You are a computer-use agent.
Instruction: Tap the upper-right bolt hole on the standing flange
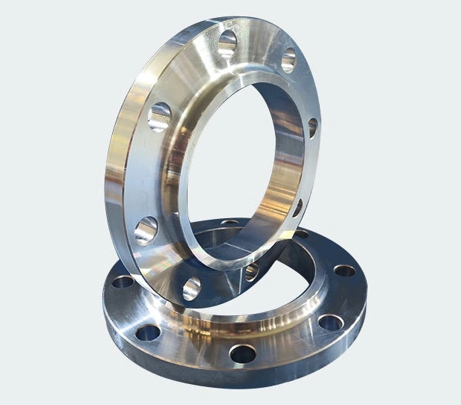pos(288,60)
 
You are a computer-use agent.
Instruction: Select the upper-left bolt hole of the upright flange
pos(160,117)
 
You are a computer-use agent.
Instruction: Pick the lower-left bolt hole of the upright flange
pos(146,229)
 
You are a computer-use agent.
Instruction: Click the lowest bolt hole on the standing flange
pos(191,288)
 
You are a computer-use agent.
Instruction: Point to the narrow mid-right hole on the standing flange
pos(312,128)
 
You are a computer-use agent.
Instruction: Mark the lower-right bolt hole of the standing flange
pos(297,207)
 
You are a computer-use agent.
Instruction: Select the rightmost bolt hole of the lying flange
pos(344,270)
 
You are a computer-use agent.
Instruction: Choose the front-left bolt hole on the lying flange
pos(149,331)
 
